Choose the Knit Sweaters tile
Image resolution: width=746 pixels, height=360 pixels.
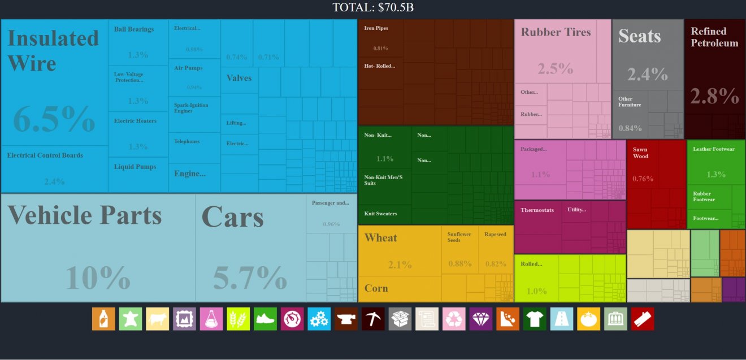(x=384, y=214)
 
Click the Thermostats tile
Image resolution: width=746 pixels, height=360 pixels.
(x=537, y=218)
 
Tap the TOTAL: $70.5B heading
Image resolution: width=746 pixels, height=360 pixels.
(x=373, y=7)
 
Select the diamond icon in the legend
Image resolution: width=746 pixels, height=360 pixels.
(x=481, y=319)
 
